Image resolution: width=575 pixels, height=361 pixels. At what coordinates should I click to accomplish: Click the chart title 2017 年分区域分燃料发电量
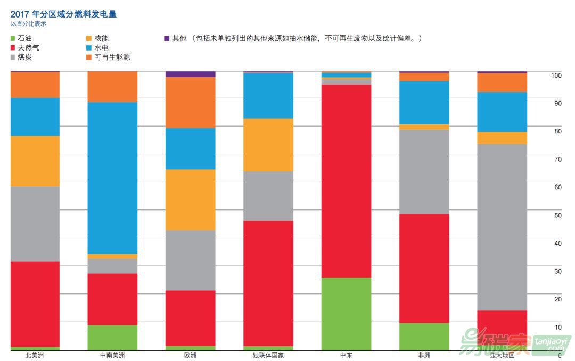click(63, 14)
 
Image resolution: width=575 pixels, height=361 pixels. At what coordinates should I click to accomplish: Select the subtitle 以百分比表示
click(29, 24)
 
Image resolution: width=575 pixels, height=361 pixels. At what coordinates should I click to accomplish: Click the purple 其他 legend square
click(167, 39)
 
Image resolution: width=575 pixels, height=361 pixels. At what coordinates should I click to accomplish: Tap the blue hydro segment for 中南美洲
click(112, 178)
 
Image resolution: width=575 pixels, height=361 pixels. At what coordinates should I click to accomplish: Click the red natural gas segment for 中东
click(346, 181)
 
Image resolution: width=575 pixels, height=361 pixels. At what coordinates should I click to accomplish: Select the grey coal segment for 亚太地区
click(502, 227)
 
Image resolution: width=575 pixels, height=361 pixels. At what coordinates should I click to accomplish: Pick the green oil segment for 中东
click(346, 314)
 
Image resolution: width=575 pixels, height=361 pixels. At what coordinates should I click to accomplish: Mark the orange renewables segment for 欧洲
click(190, 102)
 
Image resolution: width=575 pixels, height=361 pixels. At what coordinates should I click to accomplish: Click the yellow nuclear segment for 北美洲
click(35, 161)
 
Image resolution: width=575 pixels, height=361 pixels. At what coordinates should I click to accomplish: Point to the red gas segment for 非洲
click(424, 268)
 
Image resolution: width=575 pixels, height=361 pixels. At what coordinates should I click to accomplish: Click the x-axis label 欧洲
click(190, 355)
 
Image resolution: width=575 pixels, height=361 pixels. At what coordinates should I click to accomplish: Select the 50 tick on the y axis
click(558, 215)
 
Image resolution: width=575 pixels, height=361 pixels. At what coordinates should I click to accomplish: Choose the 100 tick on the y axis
click(556, 75)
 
